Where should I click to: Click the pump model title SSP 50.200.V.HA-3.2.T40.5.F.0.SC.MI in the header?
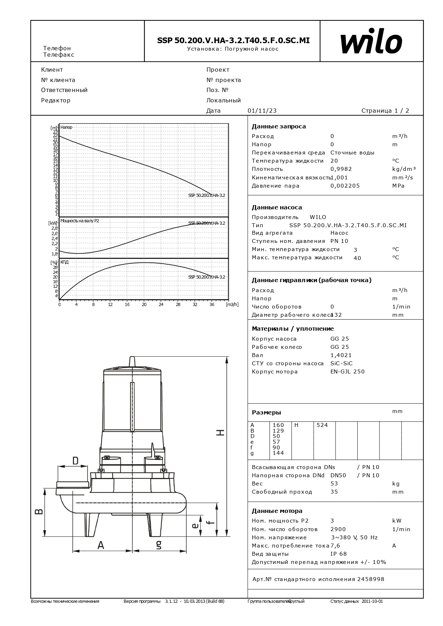[x=233, y=41]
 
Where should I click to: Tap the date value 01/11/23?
[x=262, y=111]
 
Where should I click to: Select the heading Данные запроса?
[x=279, y=126]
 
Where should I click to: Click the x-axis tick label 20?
[x=144, y=305]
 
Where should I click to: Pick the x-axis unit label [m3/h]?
[x=232, y=305]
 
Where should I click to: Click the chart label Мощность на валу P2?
[x=80, y=221]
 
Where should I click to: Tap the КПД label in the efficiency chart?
[x=64, y=262]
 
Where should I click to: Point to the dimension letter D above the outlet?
[x=75, y=461]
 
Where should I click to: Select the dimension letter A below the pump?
[x=101, y=545]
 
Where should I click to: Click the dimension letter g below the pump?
[x=159, y=545]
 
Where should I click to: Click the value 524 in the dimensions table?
[x=322, y=425]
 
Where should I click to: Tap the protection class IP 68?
[x=338, y=554]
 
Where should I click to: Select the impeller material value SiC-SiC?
[x=341, y=363]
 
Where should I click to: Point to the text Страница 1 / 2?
[x=385, y=111]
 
